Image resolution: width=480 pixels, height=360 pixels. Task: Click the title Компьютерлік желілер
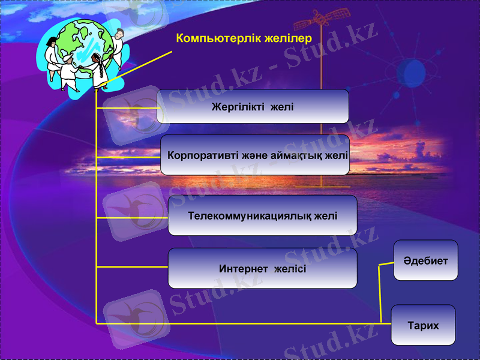pyautogui.click(x=244, y=38)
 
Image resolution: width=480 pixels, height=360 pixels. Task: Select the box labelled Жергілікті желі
pyautogui.click(x=253, y=106)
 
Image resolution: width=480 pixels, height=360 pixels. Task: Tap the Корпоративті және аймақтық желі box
pyautogui.click(x=255, y=155)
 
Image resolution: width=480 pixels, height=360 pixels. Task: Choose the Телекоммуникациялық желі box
pyautogui.click(x=262, y=215)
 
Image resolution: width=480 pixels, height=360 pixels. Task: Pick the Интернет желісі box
pyautogui.click(x=262, y=268)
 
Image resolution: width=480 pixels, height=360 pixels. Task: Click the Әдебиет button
pyautogui.click(x=425, y=260)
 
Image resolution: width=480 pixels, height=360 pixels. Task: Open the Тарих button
pyautogui.click(x=423, y=325)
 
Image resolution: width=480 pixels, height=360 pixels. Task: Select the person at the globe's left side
pyautogui.click(x=50, y=51)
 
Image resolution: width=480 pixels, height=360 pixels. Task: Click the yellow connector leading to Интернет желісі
pyautogui.click(x=132, y=267)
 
